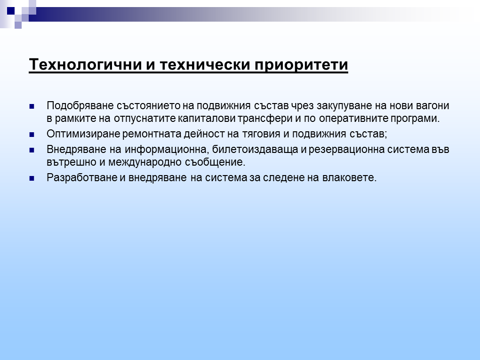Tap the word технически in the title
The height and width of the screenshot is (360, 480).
[205, 64]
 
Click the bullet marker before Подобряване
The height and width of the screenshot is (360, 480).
[32, 106]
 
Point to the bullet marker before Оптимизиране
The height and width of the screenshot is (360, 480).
[32, 135]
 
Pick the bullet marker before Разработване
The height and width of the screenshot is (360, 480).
[32, 178]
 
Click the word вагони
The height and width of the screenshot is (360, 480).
[432, 106]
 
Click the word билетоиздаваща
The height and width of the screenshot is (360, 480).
[255, 150]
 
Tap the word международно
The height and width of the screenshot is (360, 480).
[145, 162]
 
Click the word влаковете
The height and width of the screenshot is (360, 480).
[349, 177]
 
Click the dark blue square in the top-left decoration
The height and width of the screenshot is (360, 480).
[11, 11]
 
